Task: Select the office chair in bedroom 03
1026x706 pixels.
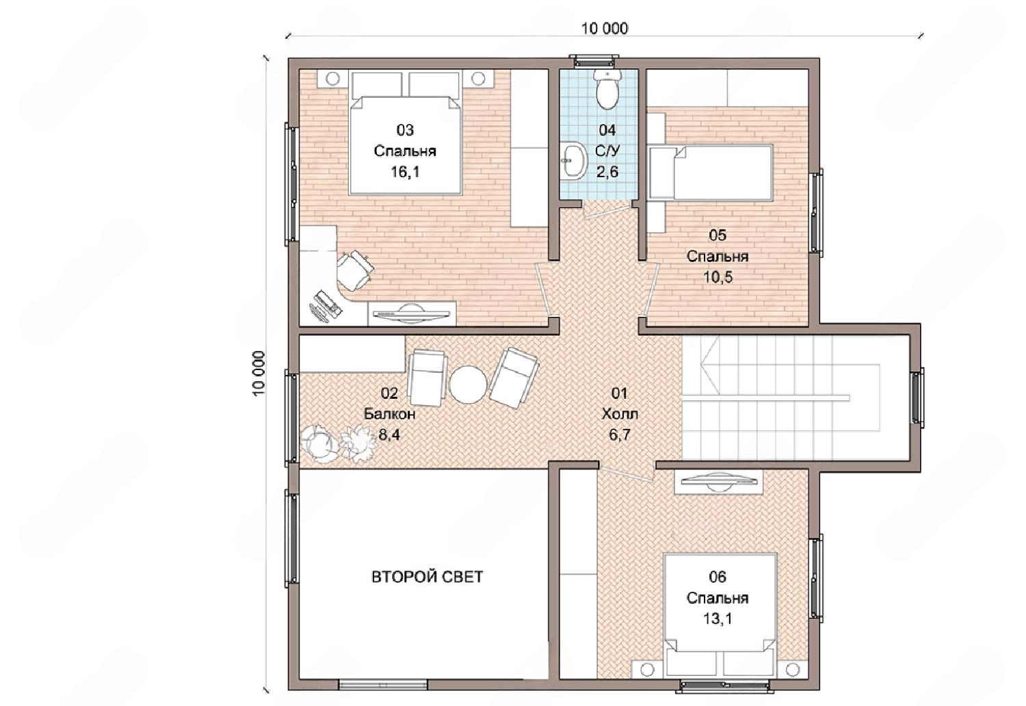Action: click(354, 270)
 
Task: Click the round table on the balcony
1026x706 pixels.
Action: click(468, 385)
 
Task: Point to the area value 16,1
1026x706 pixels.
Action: click(405, 172)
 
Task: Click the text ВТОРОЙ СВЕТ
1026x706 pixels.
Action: click(427, 577)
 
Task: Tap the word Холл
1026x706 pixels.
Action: click(620, 414)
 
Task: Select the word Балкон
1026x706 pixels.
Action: click(390, 414)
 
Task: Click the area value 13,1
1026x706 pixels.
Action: click(718, 619)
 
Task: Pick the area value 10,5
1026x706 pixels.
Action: click(718, 276)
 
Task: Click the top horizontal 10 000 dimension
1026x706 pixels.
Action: click(605, 29)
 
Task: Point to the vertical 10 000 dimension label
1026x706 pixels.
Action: click(259, 374)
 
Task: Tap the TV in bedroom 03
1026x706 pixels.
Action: click(411, 315)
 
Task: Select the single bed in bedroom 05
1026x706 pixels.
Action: click(711, 172)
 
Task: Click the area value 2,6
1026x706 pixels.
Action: click(607, 172)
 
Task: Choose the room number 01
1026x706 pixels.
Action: click(619, 393)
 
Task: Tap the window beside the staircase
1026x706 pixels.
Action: click(917, 397)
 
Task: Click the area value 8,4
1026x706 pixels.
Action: click(389, 434)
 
